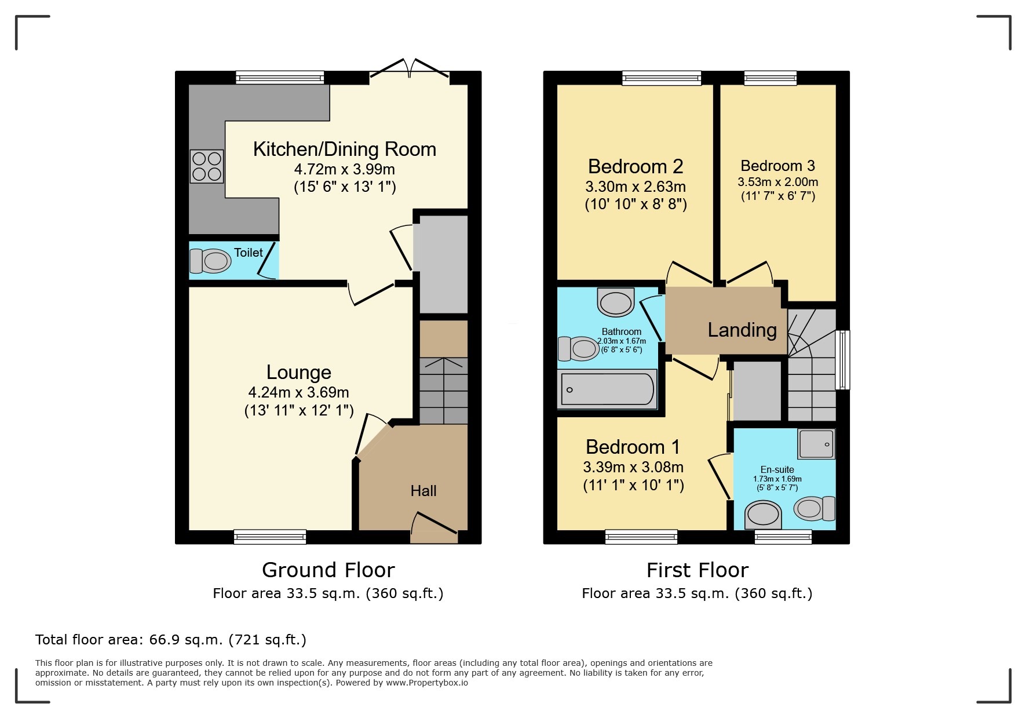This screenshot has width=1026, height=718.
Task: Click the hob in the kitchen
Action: [x=207, y=166]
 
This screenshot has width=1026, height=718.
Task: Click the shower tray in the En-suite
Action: [x=816, y=444]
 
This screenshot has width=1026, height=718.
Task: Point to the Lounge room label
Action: [x=298, y=372]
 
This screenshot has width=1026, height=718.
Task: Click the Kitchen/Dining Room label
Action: [x=345, y=150]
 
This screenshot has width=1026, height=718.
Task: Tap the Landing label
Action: [x=742, y=330]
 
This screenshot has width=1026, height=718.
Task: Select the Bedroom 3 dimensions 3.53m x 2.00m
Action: [x=777, y=182]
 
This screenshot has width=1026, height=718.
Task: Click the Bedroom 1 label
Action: [x=633, y=447]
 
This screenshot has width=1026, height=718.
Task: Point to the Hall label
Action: [x=423, y=491]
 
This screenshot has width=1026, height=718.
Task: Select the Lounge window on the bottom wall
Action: [x=270, y=537]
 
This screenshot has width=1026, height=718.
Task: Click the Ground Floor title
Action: [x=328, y=570]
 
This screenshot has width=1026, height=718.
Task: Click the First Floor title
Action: [x=697, y=570]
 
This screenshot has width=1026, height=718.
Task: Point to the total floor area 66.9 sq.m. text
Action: [x=170, y=640]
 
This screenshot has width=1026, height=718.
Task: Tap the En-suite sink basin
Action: [x=762, y=514]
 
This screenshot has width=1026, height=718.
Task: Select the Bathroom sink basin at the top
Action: [x=615, y=302]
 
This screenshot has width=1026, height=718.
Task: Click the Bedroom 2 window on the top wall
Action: [x=662, y=78]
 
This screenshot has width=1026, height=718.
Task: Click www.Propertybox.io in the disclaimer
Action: [x=427, y=683]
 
